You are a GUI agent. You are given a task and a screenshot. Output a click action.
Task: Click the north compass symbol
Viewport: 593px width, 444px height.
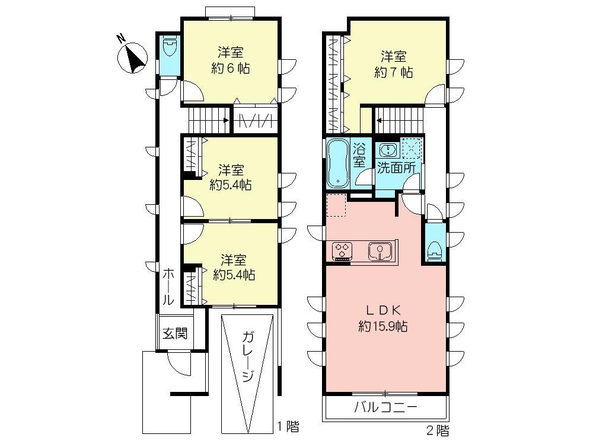[133, 57]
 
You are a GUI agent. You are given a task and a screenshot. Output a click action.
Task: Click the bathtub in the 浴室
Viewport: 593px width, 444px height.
[338, 163]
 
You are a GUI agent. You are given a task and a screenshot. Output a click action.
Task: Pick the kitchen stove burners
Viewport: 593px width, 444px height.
[343, 250]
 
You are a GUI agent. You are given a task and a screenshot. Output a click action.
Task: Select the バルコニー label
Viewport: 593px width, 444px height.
[386, 407]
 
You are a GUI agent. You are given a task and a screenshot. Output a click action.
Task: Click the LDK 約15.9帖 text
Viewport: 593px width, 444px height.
[385, 317]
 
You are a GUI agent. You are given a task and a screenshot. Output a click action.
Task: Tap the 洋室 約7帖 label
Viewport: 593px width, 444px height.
[394, 65]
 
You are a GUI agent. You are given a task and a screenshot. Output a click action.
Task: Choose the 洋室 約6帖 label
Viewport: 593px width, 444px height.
[230, 60]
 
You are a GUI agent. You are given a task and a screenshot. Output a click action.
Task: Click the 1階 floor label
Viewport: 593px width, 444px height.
[288, 426]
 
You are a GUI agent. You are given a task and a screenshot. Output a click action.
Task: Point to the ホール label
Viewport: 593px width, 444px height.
[168, 287]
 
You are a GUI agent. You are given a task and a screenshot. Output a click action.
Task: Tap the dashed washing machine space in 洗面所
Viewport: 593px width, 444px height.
[410, 147]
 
